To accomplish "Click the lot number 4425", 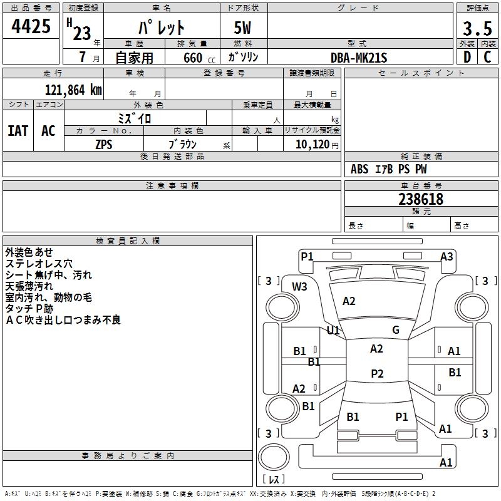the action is pos(31,26).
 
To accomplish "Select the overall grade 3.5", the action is pos(477,28).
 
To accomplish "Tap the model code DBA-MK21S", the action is pos(359,58).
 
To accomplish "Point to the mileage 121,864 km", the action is pos(73,90).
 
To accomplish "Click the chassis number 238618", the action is pos(421,199).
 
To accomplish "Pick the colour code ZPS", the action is pos(104,145).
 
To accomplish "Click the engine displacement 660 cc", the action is pos(199,58).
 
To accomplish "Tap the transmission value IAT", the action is pos(18,131).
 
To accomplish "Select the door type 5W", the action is pos(242,28).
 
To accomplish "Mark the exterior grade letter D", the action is pos(467,57).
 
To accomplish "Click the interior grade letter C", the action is pos(487,57).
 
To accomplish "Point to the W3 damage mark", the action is pos(299,287).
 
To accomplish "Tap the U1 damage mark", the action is pos(333,331).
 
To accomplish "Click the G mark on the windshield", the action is pos(396,330).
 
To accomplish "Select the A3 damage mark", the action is pos(447,257).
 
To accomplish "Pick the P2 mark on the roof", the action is pos(377,373).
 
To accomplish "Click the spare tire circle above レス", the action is pos(274,457).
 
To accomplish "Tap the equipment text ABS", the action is pos(359,169).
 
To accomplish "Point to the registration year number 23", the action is pos(82,33).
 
